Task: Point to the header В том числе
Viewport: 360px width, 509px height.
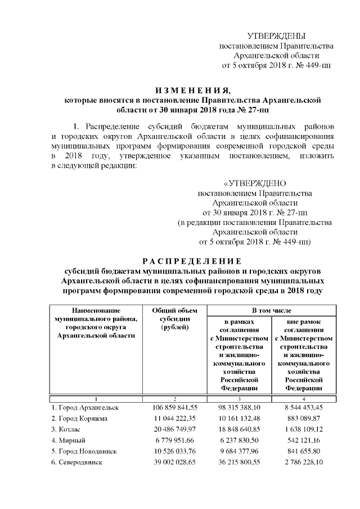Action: click(x=271, y=310)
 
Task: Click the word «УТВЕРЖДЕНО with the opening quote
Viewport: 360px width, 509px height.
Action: click(x=255, y=183)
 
